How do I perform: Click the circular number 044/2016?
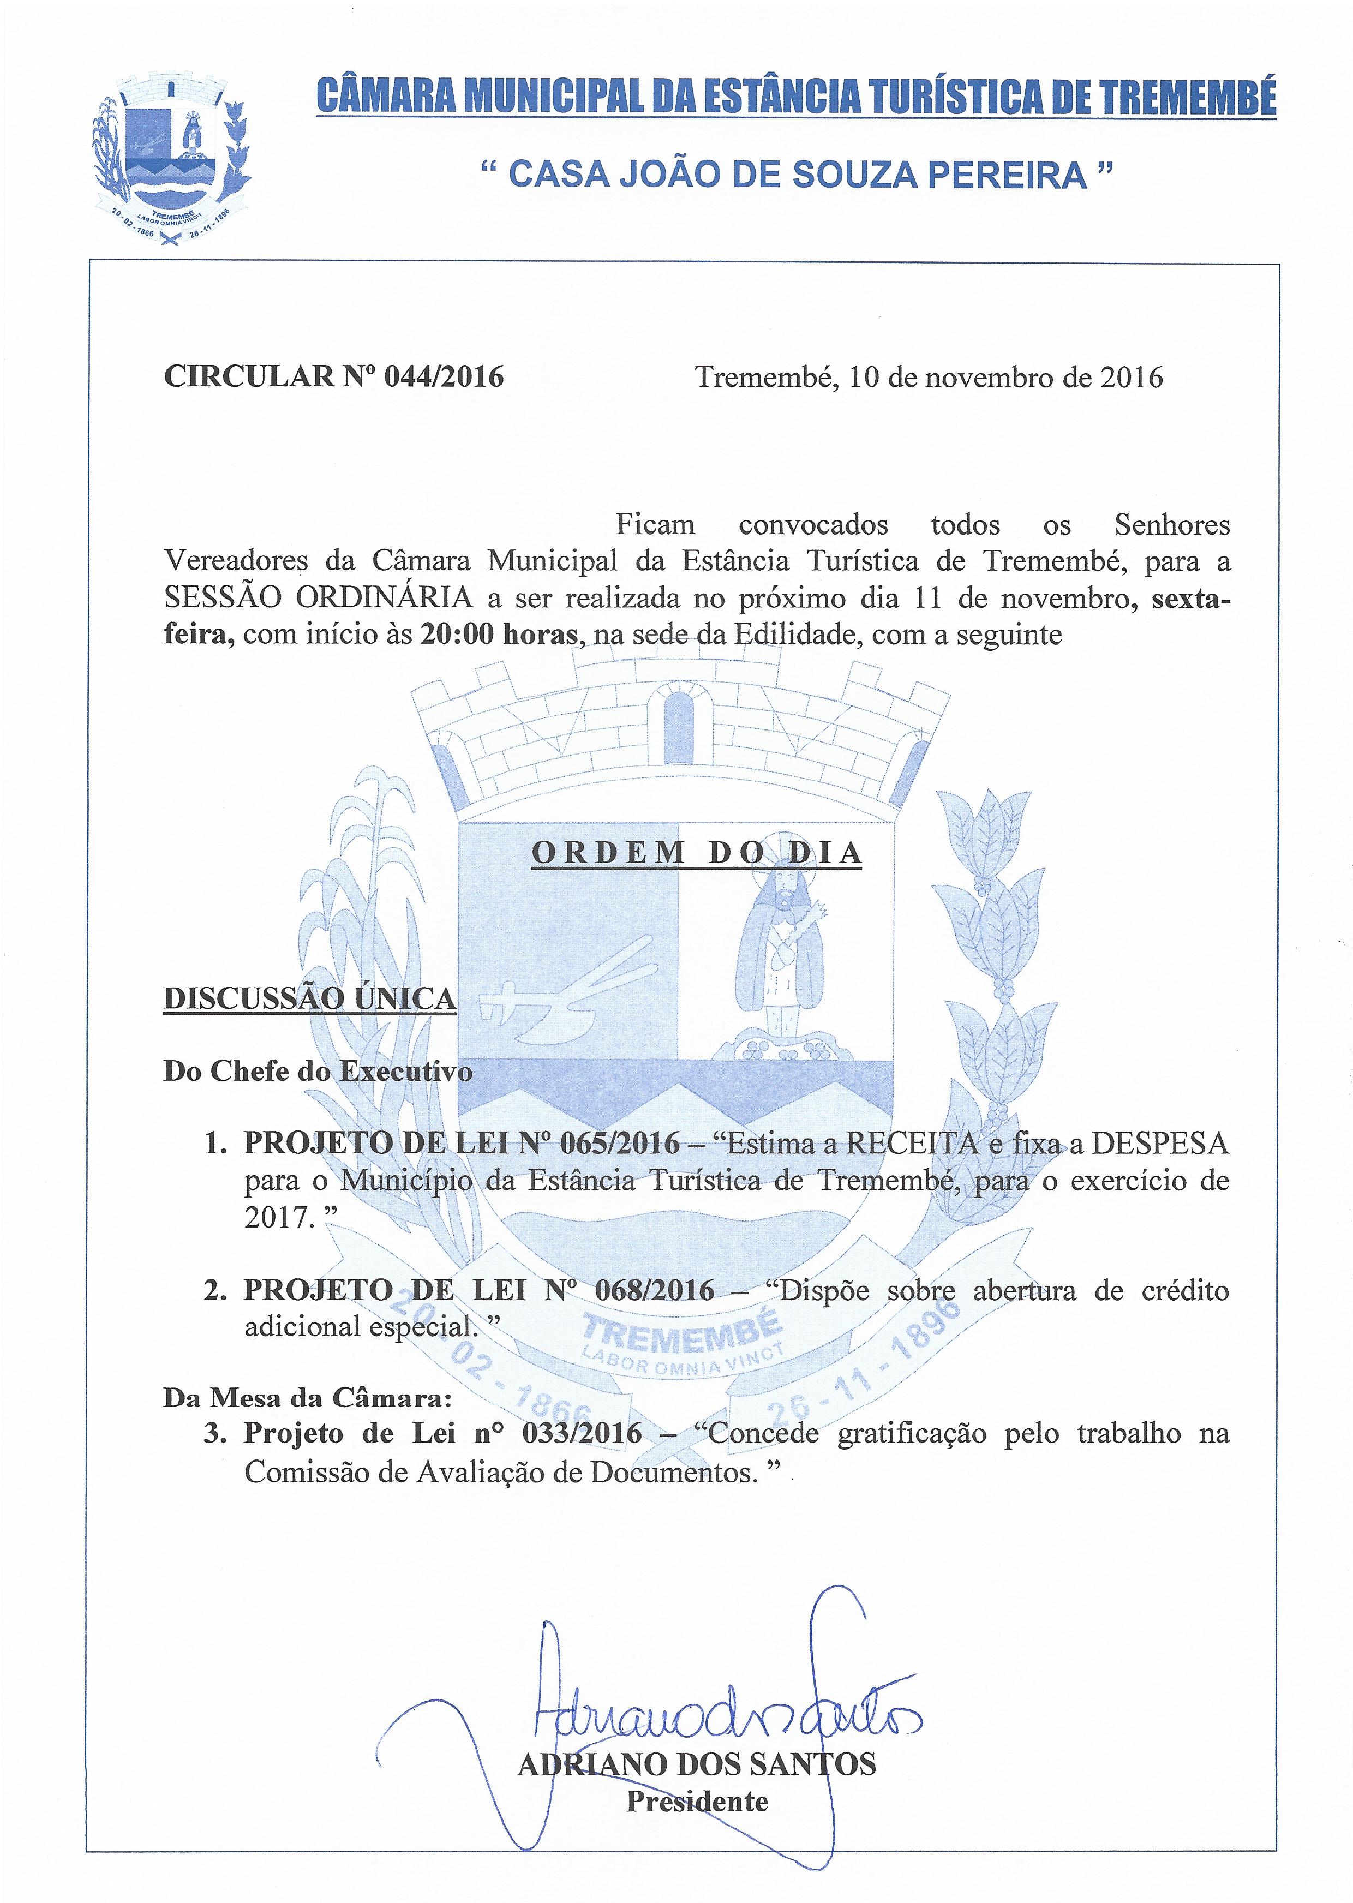[443, 378]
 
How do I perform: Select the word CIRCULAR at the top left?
[248, 378]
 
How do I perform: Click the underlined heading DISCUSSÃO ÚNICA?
[310, 998]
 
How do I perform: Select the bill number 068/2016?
[655, 1291]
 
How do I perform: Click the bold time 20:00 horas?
[498, 635]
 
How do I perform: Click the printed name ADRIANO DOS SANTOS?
[697, 1763]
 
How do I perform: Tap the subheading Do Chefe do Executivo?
[318, 1072]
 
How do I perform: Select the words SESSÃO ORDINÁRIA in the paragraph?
[319, 598]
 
